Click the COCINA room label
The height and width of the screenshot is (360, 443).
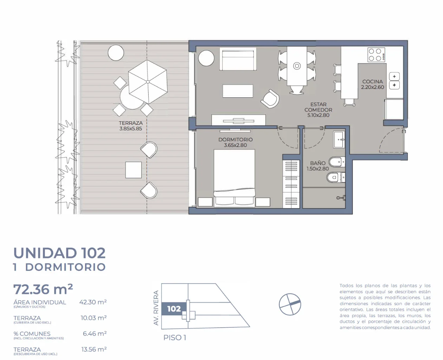(372, 82)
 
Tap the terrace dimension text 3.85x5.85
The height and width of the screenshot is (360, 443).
(131, 129)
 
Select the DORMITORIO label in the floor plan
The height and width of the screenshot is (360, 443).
(235, 140)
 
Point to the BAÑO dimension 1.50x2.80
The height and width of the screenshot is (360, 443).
(318, 169)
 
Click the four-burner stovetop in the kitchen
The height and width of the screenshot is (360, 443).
(376, 55)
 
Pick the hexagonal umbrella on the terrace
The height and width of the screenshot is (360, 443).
(148, 82)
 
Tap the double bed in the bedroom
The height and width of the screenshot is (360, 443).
(234, 178)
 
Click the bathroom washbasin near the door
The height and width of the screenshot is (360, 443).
(339, 140)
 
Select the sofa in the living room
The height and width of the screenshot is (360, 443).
(238, 59)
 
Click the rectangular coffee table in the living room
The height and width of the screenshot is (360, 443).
(238, 91)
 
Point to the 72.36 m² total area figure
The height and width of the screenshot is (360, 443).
(43, 289)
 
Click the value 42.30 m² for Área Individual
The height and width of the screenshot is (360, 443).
(93, 302)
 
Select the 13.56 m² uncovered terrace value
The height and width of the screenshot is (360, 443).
(94, 349)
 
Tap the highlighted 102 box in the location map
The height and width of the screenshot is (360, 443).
(174, 309)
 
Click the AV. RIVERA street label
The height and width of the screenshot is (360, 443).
(156, 308)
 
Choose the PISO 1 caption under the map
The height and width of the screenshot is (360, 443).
(175, 338)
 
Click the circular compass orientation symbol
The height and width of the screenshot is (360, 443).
(290, 304)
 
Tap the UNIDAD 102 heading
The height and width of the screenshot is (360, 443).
(59, 253)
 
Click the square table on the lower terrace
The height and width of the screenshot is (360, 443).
(133, 170)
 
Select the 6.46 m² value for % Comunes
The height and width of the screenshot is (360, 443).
(95, 334)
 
